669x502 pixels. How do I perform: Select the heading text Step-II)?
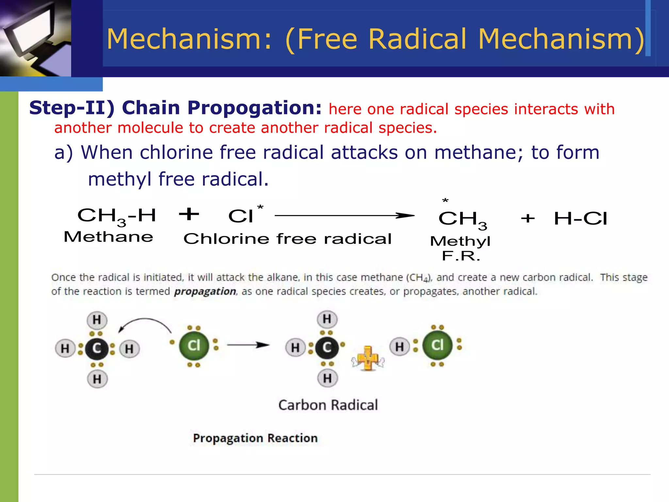72,108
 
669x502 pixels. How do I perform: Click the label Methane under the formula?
108,237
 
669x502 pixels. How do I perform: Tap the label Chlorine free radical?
287,239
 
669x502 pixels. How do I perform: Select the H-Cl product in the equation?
580,218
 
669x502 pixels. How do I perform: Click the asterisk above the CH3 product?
445,200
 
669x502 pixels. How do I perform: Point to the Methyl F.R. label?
461,248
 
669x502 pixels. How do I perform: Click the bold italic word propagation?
205,291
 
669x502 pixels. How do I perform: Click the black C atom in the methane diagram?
97,349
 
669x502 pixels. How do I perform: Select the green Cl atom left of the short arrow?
194,346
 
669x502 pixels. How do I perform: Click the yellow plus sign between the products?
368,359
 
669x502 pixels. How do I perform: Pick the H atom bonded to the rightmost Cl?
400,347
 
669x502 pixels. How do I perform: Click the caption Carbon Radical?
328,405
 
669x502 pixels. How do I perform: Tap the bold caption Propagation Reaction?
255,438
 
